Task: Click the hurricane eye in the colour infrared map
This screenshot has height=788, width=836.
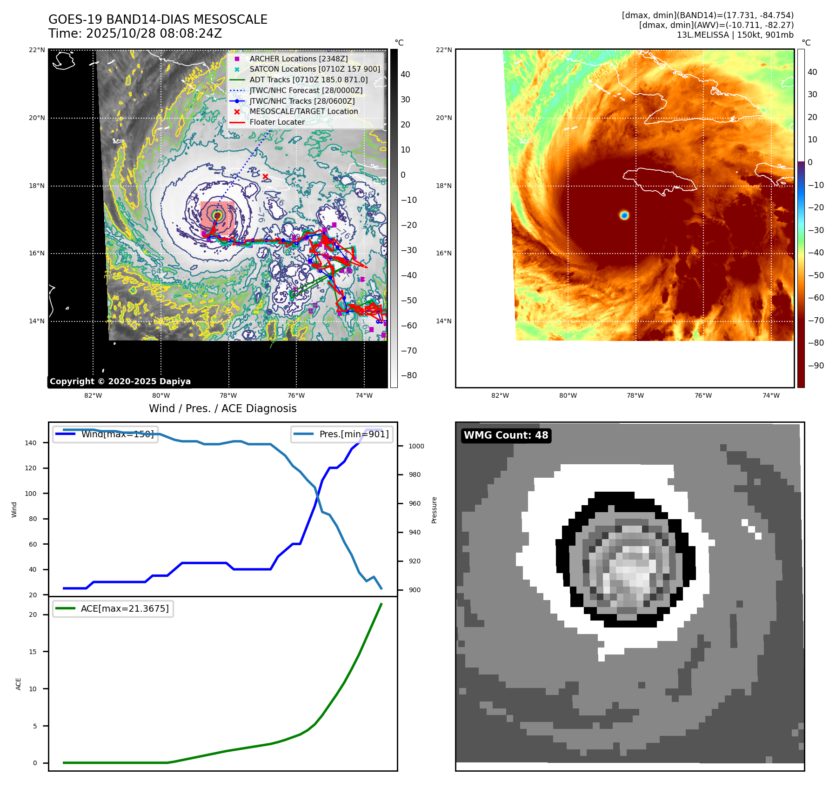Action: pyautogui.click(x=624, y=215)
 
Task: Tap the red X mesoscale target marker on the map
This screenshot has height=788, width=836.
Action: pyautogui.click(x=265, y=177)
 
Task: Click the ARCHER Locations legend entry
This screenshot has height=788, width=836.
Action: pyautogui.click(x=298, y=59)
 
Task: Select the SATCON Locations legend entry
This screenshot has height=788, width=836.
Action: pyautogui.click(x=314, y=69)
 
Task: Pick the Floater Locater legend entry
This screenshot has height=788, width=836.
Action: pyautogui.click(x=277, y=122)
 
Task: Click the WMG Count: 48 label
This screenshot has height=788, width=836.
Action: pyautogui.click(x=506, y=435)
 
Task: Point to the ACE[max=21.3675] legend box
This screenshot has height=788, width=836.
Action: pyautogui.click(x=113, y=608)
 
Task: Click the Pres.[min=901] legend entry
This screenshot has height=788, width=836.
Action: pyautogui.click(x=342, y=434)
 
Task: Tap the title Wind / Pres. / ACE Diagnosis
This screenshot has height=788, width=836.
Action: pyautogui.click(x=222, y=408)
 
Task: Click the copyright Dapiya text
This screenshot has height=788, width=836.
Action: pyautogui.click(x=120, y=381)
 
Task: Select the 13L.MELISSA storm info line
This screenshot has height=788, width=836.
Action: pyautogui.click(x=735, y=35)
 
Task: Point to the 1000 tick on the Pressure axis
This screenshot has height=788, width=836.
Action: pyautogui.click(x=416, y=446)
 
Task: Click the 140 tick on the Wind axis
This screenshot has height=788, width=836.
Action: pyautogui.click(x=31, y=443)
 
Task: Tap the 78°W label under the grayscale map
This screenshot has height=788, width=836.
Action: pyautogui.click(x=228, y=395)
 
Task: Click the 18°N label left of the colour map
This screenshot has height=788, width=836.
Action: pyautogui.click(x=443, y=186)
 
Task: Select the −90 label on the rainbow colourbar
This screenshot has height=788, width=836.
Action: pyautogui.click(x=816, y=366)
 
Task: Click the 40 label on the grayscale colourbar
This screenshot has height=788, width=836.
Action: pyautogui.click(x=405, y=74)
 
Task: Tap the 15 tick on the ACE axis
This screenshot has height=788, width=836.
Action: pyautogui.click(x=33, y=652)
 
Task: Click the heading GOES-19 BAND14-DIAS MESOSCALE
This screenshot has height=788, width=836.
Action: pyautogui.click(x=158, y=20)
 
